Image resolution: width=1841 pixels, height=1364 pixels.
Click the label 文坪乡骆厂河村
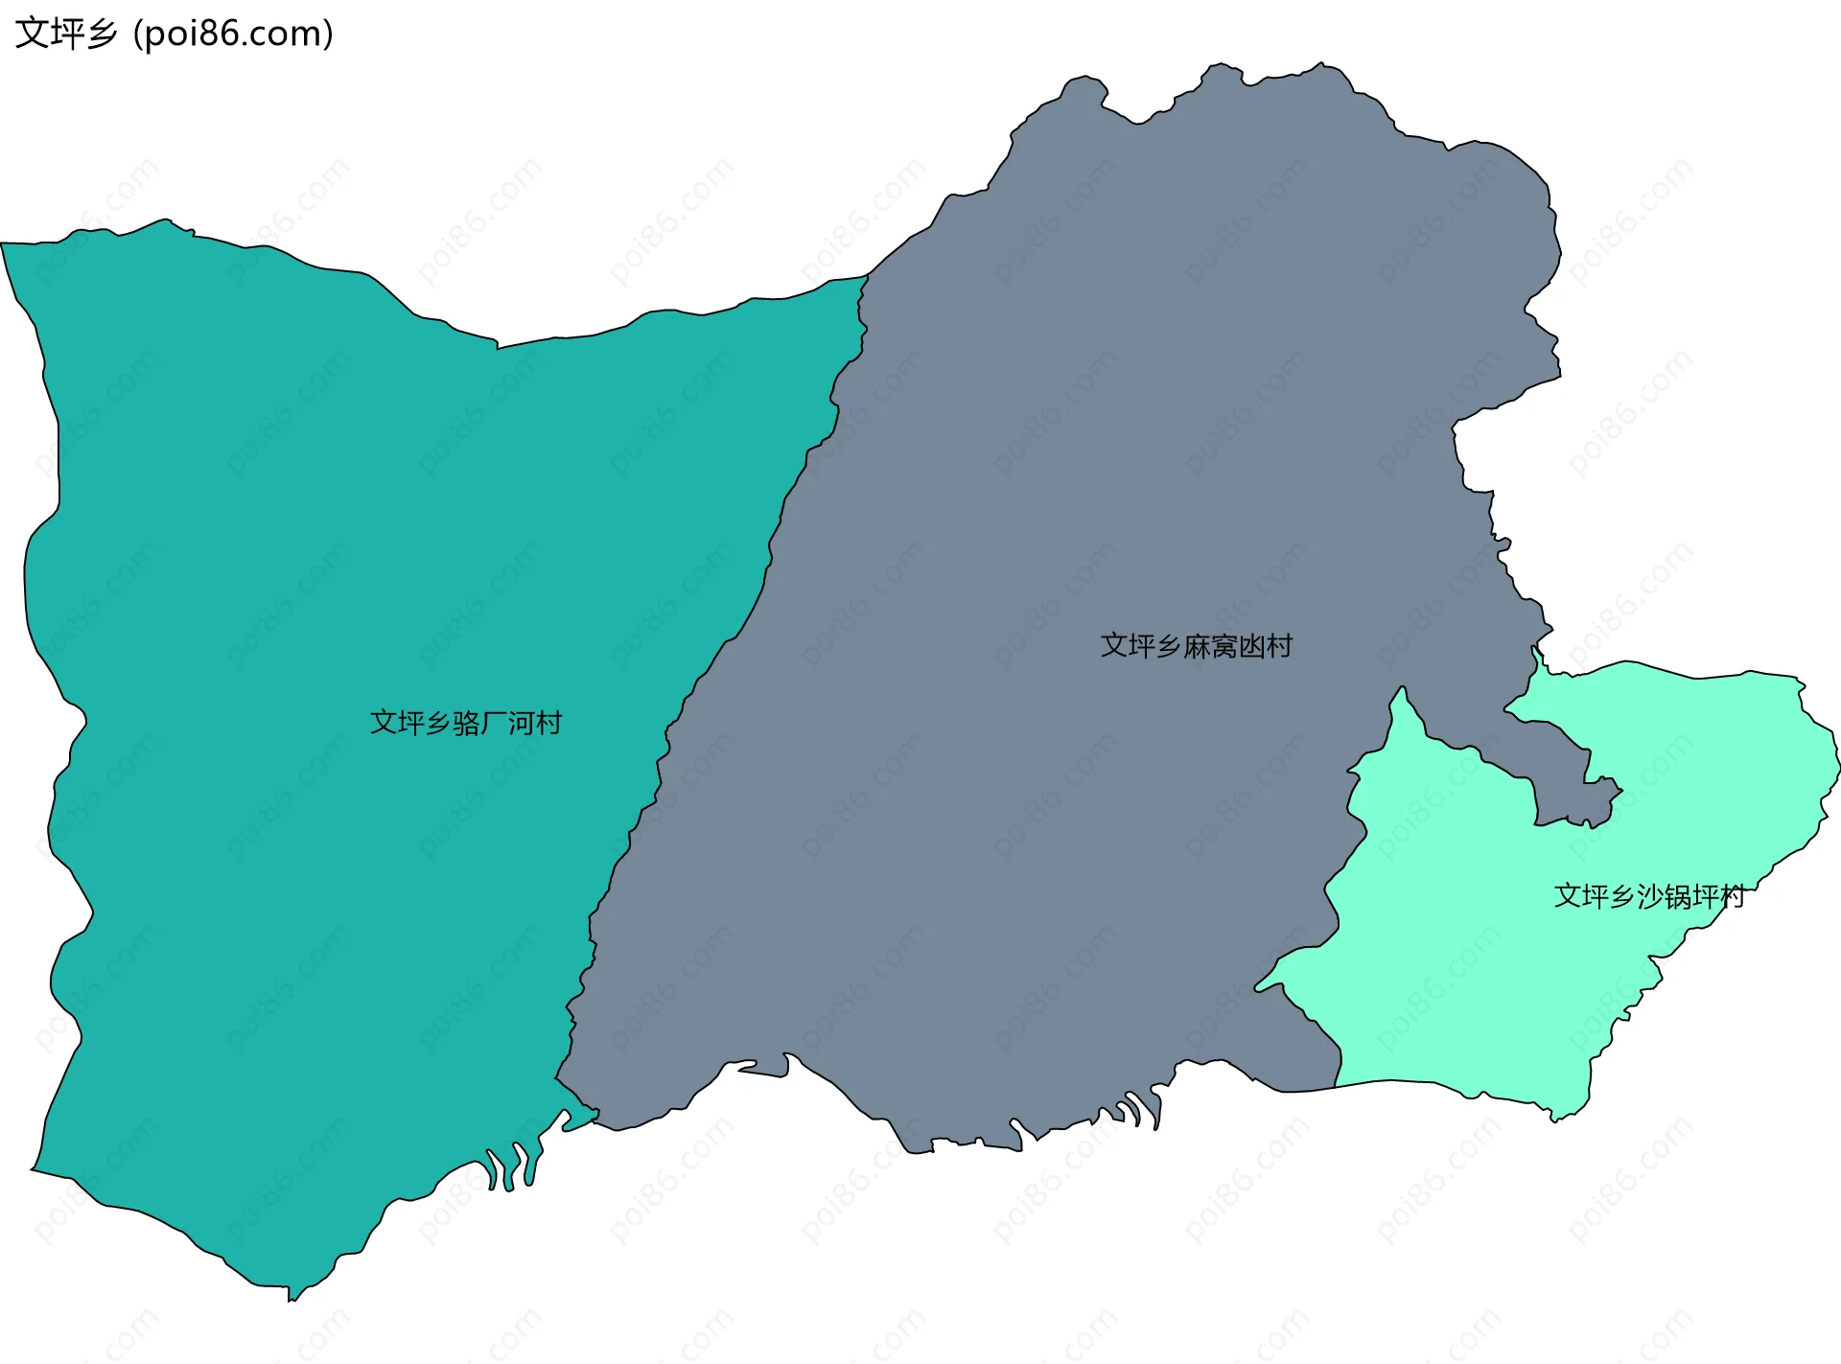pos(466,723)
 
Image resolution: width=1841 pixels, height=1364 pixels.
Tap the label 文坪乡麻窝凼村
pos(1196,646)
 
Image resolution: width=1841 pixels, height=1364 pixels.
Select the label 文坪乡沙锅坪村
pos(1648,896)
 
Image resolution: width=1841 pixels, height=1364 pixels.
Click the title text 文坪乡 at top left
pos(65,34)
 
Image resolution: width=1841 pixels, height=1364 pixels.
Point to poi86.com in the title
pos(233,34)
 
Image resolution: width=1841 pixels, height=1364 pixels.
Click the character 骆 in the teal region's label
pos(467,723)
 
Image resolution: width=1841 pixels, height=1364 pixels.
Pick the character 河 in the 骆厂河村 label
pos(521,723)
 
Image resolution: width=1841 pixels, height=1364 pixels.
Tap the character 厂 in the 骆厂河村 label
pos(494,723)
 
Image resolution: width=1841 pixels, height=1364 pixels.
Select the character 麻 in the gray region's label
pos(1197,646)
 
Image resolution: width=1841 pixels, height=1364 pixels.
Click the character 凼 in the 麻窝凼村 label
pos(1251,646)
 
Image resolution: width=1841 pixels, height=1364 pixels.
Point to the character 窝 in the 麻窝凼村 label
pos(1223,646)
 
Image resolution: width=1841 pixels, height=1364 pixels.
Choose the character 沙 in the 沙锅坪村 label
pos(1649,896)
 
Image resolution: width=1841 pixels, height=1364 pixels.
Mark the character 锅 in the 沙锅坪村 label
pos(1677,896)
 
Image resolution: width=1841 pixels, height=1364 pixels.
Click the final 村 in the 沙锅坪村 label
pos(1732,896)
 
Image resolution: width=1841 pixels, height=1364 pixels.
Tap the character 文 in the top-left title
pos(32,34)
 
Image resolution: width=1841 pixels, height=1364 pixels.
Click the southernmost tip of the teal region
pos(291,1299)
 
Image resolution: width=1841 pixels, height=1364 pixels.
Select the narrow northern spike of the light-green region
pos(1403,692)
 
